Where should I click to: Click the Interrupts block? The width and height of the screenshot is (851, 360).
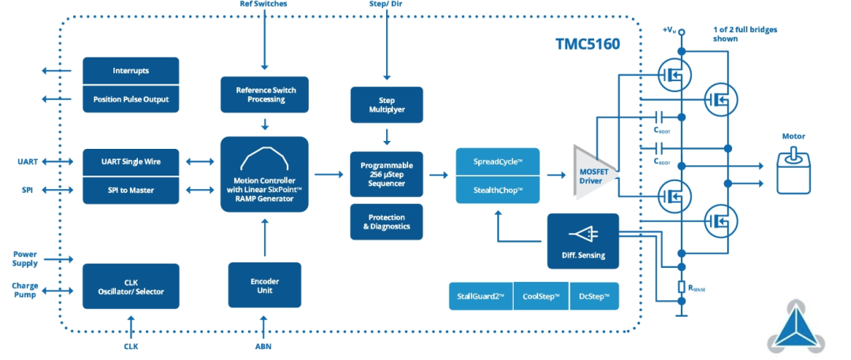click(x=131, y=71)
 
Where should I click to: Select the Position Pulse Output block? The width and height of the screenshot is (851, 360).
click(x=131, y=98)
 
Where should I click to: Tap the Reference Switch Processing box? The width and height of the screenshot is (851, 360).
click(x=265, y=95)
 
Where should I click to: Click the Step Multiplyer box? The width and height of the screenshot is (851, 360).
click(x=386, y=105)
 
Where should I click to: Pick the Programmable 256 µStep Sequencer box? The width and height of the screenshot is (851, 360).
click(x=386, y=174)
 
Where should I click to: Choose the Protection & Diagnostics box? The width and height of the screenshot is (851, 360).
click(x=386, y=221)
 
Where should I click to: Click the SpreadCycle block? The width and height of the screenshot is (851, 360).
click(x=498, y=161)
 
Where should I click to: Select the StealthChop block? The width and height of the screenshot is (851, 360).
click(x=498, y=190)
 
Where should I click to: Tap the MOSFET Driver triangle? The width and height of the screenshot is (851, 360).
click(x=594, y=172)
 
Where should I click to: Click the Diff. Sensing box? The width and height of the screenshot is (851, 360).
click(x=583, y=241)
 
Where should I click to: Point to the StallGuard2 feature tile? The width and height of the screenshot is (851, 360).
click(x=481, y=296)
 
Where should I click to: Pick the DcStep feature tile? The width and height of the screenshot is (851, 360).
click(x=594, y=296)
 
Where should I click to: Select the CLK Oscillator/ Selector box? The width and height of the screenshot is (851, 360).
click(x=131, y=286)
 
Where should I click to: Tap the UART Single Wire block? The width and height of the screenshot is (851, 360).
click(x=131, y=161)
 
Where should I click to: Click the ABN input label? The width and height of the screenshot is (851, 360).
click(x=265, y=346)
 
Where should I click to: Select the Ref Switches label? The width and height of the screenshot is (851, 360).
click(x=263, y=4)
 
